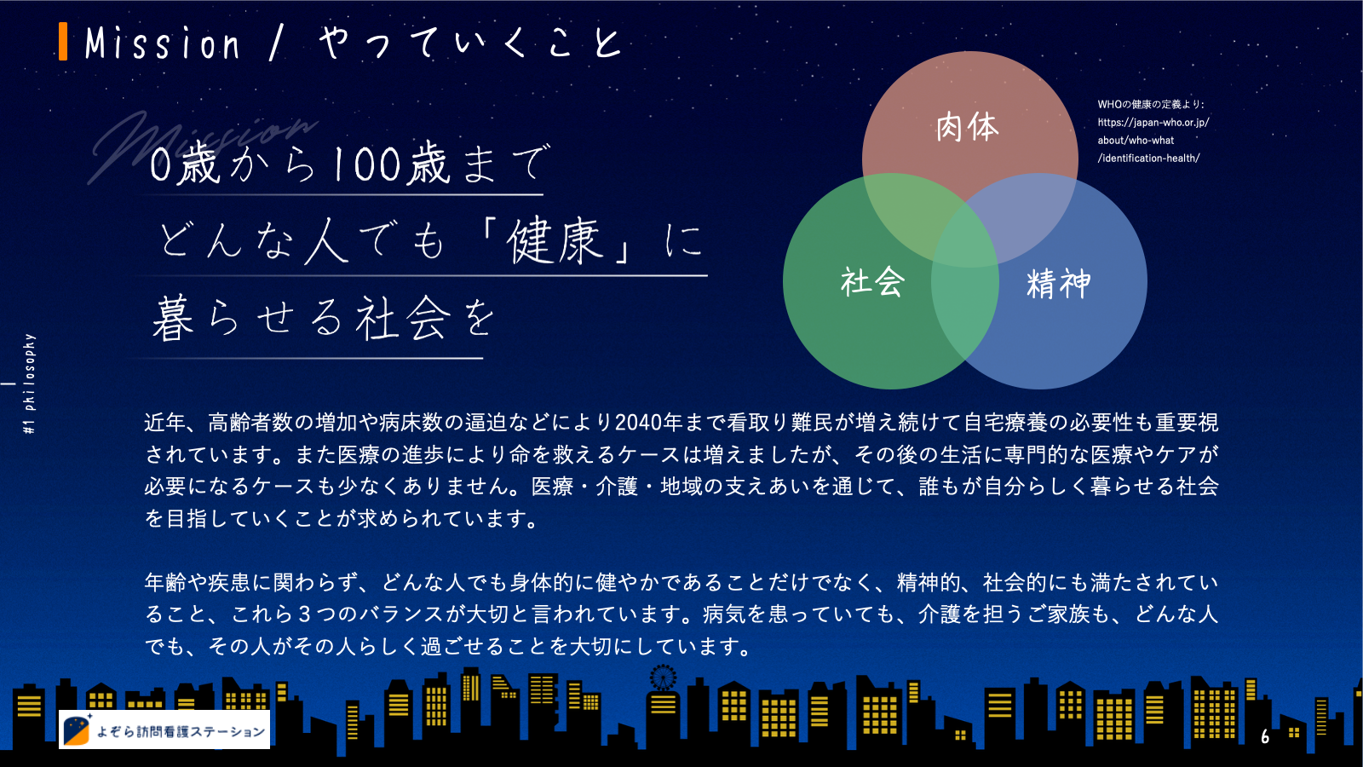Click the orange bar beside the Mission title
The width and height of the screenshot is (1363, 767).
(63, 42)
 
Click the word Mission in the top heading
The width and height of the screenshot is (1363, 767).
(163, 43)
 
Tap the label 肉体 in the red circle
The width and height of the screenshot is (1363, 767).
(968, 127)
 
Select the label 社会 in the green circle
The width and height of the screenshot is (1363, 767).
(872, 282)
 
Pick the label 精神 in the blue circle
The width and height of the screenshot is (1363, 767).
(1058, 283)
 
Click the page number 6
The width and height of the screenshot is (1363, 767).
(1265, 736)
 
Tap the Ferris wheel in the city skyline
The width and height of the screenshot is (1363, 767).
(663, 678)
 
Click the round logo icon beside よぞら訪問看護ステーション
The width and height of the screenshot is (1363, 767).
(77, 730)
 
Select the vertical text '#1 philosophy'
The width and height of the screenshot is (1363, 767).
(29, 383)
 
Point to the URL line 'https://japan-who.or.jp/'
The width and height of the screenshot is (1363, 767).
(1153, 123)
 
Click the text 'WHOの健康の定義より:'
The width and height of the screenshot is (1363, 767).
(1151, 104)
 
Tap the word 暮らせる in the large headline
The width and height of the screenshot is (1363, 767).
(247, 318)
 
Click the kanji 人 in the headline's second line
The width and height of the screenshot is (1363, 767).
(326, 241)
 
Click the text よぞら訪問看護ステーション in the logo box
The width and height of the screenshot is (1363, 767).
(181, 731)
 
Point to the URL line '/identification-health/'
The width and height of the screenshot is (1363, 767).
(1149, 159)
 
